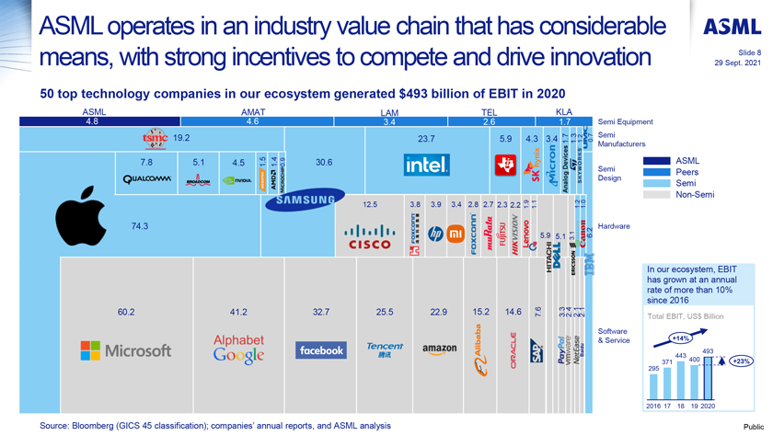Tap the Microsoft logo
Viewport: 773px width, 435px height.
[125, 350]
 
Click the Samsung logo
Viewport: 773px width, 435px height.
[306, 200]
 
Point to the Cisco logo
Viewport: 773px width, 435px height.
[368, 238]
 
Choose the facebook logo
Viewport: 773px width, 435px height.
[320, 350]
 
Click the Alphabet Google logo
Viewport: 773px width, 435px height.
[238, 348]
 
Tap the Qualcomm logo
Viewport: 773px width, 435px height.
[146, 179]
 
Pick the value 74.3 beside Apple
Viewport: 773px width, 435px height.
[140, 226]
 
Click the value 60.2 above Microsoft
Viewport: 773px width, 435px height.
[126, 313]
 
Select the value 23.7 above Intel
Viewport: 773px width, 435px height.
[425, 139]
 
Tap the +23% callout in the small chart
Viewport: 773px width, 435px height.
[739, 361]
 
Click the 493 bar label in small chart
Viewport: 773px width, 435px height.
[708, 351]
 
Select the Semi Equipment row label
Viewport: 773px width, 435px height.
[625, 121]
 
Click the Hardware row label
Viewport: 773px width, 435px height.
[614, 226]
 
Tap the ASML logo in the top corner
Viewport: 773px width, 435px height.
[733, 28]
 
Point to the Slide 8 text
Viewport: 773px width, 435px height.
[749, 53]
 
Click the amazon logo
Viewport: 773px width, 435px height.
[440, 349]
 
